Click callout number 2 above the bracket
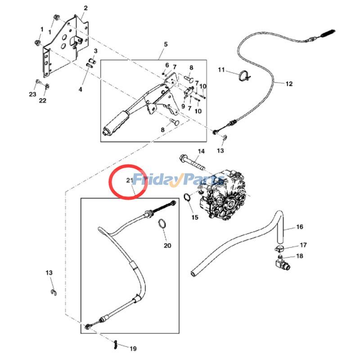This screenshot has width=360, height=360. click(85, 8)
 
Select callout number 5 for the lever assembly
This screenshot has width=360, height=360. click(166, 44)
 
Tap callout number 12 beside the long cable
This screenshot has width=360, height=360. click(289, 83)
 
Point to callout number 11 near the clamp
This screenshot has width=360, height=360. click(221, 70)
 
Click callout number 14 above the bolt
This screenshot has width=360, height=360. click(201, 151)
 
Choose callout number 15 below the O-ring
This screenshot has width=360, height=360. click(194, 217)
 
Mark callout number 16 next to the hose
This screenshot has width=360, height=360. click(300, 227)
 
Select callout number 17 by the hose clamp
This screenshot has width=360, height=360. click(303, 245)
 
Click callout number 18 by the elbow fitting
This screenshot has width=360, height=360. click(300, 256)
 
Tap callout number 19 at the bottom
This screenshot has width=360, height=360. click(133, 348)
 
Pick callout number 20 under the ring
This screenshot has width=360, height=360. click(167, 246)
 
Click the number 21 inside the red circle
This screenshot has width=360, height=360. click(130, 180)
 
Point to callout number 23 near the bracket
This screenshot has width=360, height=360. click(32, 94)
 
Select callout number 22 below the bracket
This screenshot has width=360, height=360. click(42, 101)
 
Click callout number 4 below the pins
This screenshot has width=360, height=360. click(81, 90)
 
